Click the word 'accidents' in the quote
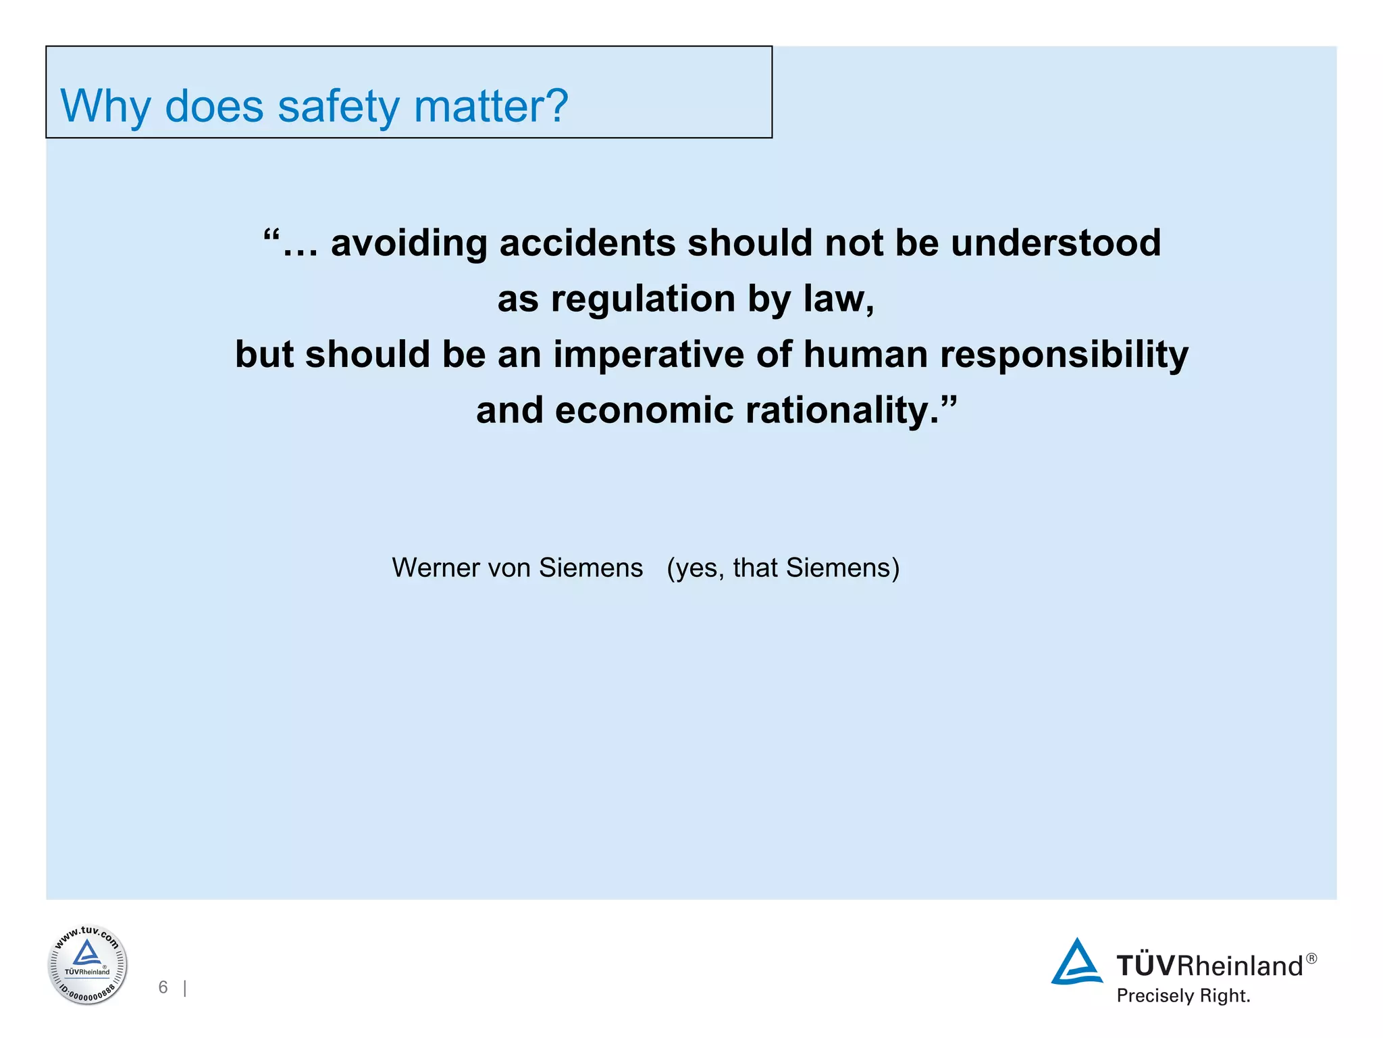[587, 243]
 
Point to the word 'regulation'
[643, 299]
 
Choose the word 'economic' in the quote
[644, 411]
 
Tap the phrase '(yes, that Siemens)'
[783, 568]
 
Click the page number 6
[163, 987]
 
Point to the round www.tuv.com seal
[87, 964]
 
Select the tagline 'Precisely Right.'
[1183, 995]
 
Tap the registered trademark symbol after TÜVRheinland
[1311, 958]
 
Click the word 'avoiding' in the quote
[409, 243]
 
